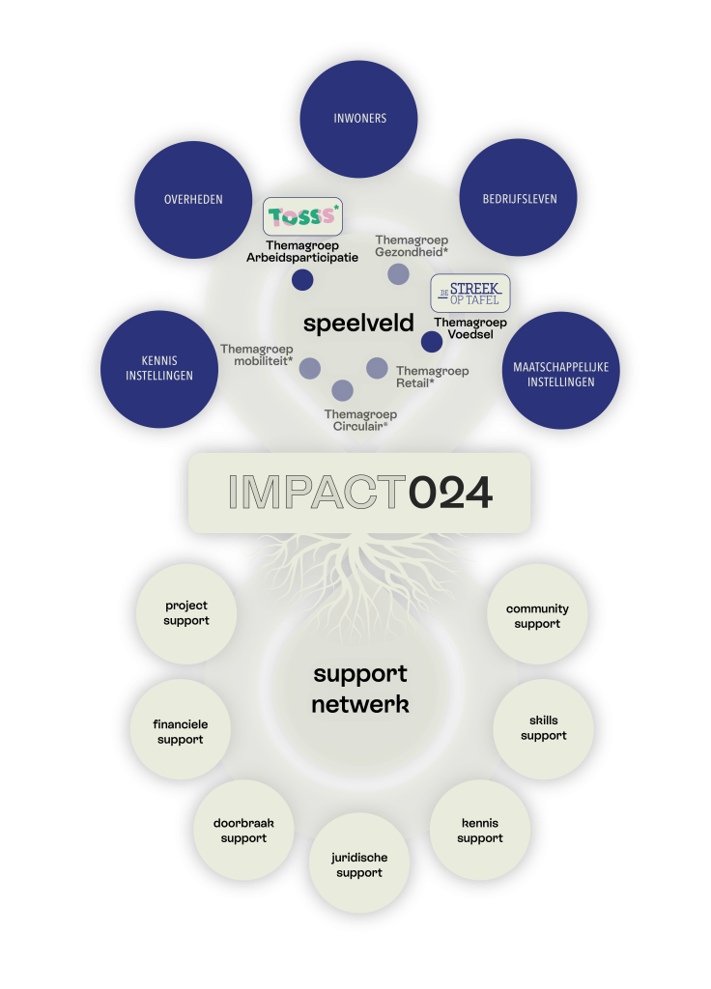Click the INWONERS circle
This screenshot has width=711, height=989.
pos(358,119)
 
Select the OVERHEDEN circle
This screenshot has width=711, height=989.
pos(193,199)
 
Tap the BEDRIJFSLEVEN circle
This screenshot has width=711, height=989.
pos(518,197)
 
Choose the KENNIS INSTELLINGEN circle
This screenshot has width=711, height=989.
pos(159,369)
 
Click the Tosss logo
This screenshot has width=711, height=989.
pos(302,216)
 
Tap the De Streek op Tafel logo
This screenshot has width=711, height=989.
pos(470,294)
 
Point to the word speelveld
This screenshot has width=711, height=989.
pos(358,323)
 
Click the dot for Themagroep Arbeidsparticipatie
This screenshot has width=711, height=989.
pos(302,279)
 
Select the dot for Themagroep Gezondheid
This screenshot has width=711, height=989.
pos(398,273)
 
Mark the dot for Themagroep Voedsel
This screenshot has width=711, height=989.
pos(432,342)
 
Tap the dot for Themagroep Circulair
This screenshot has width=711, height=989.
pos(343,390)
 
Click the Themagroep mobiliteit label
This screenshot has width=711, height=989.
pos(257,354)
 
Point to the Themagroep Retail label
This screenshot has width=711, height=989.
pos(432,377)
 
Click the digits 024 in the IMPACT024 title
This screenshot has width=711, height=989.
pos(450,493)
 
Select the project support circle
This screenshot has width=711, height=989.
pos(186,613)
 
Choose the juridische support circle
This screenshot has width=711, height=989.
pos(359,862)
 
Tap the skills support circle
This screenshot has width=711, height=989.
pos(543,728)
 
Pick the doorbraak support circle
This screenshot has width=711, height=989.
pos(243,830)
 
